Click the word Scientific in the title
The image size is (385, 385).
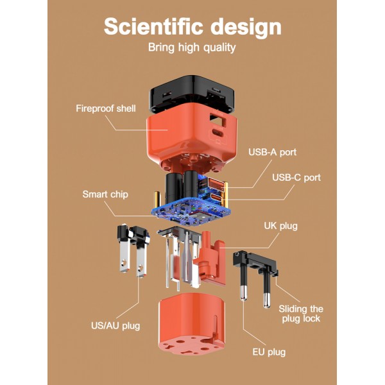pyautogui.click(x=153, y=26)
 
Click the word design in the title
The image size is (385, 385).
pyautogui.click(x=246, y=28)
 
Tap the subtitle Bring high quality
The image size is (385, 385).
pyautogui.click(x=192, y=47)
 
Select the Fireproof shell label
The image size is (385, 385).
pyautogui.click(x=106, y=108)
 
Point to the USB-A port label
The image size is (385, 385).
pyautogui.click(x=272, y=152)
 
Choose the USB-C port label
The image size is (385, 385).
pyautogui.click(x=296, y=178)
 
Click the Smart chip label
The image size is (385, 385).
pyautogui.click(x=105, y=194)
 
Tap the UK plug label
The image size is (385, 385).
pyautogui.click(x=280, y=226)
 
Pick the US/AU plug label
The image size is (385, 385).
pyautogui.click(x=116, y=326)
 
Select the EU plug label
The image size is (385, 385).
pyautogui.click(x=269, y=352)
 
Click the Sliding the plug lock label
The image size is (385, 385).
pyautogui.click(x=301, y=314)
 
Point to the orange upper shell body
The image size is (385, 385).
pyautogui.click(x=191, y=137)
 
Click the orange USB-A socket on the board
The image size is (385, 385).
pyautogui.click(x=216, y=183)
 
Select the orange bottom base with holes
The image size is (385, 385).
pyautogui.click(x=191, y=324)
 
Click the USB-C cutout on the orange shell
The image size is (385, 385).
pyautogui.click(x=218, y=134)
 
